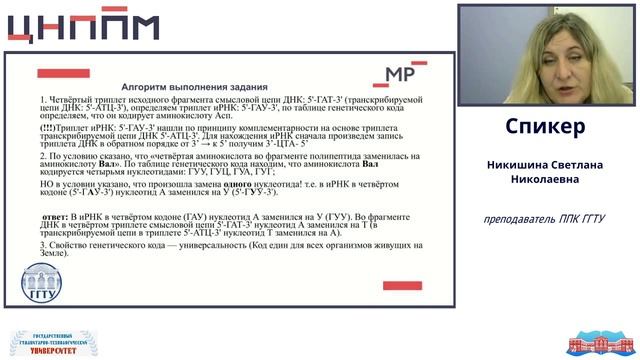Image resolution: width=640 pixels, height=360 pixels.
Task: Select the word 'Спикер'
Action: point(545,128)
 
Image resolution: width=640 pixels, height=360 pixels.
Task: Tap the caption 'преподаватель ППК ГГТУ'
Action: point(545,218)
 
